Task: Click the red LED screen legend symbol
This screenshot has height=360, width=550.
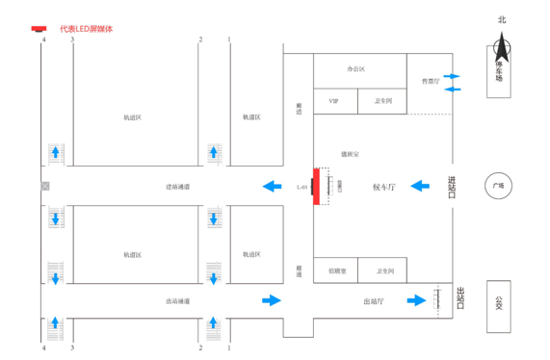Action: [39, 28]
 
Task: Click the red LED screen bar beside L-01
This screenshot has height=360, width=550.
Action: [316, 186]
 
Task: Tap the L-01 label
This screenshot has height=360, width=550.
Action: [302, 186]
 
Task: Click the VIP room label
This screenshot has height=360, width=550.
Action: [333, 100]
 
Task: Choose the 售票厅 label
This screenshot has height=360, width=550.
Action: [430, 82]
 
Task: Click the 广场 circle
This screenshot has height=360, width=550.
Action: [498, 186]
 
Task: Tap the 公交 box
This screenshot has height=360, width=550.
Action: [498, 306]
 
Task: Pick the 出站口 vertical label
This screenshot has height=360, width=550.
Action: [459, 299]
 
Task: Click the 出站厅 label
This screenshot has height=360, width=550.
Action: [374, 301]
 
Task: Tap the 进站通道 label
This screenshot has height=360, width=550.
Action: [177, 186]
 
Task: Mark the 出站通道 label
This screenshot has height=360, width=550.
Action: [177, 301]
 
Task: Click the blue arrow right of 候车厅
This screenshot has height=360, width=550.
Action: [420, 186]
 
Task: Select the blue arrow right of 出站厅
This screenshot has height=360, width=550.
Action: [416, 300]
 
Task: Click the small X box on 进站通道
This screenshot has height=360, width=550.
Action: [44, 185]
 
